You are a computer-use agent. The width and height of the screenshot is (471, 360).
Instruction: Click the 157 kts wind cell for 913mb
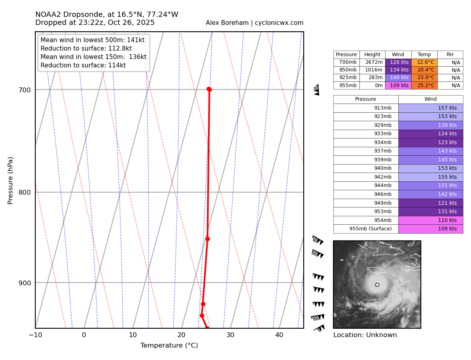430,108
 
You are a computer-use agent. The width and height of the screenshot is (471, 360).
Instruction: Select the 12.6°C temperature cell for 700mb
424,62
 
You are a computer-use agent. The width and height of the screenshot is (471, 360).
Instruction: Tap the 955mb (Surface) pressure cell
365,229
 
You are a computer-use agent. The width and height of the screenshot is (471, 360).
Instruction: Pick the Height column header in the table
372,55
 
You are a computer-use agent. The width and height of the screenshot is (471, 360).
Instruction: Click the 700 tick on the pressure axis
25,90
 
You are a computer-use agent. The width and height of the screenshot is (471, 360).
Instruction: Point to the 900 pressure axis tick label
25,283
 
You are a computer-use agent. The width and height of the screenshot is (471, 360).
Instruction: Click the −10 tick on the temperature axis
35,335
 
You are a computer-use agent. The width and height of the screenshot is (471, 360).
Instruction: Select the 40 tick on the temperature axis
279,335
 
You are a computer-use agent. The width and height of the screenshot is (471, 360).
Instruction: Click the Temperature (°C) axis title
169,346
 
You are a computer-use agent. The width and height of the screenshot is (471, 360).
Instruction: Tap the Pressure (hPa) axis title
11,180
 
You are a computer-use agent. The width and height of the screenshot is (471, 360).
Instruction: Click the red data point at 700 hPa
209,89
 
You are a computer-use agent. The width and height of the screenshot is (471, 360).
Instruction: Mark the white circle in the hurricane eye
377,285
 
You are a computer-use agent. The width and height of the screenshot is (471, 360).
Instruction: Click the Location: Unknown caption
365,335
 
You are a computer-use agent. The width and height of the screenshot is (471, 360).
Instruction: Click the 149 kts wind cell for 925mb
398,77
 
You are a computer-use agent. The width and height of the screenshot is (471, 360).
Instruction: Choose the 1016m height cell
372,70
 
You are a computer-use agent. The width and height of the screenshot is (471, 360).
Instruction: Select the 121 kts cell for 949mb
430,203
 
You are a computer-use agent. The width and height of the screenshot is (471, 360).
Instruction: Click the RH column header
450,55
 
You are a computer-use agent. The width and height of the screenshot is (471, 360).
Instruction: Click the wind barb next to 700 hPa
317,89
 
